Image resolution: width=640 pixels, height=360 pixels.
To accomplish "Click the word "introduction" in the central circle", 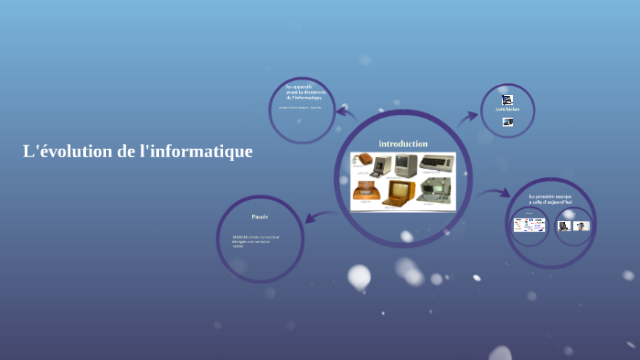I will [403, 143].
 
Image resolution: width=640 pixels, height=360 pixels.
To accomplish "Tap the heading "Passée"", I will [260, 217].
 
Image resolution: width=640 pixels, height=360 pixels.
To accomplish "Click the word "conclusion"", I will [507, 110].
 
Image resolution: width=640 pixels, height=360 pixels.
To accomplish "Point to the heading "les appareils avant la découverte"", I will [303, 91].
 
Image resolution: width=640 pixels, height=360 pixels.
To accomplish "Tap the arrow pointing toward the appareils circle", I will [345, 113].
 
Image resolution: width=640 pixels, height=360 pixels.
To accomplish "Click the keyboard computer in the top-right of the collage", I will [436, 164].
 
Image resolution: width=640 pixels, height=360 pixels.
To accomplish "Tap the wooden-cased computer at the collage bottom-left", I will [366, 191].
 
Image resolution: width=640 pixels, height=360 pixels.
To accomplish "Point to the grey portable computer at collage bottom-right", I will [434, 191].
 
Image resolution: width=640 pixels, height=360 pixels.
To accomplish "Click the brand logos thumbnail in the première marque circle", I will [529, 225].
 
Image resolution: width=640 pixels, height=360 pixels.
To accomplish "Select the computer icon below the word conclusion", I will [507, 122].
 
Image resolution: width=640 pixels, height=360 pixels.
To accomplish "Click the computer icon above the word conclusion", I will [507, 100].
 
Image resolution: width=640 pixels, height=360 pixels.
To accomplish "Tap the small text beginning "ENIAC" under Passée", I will [255, 240].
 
